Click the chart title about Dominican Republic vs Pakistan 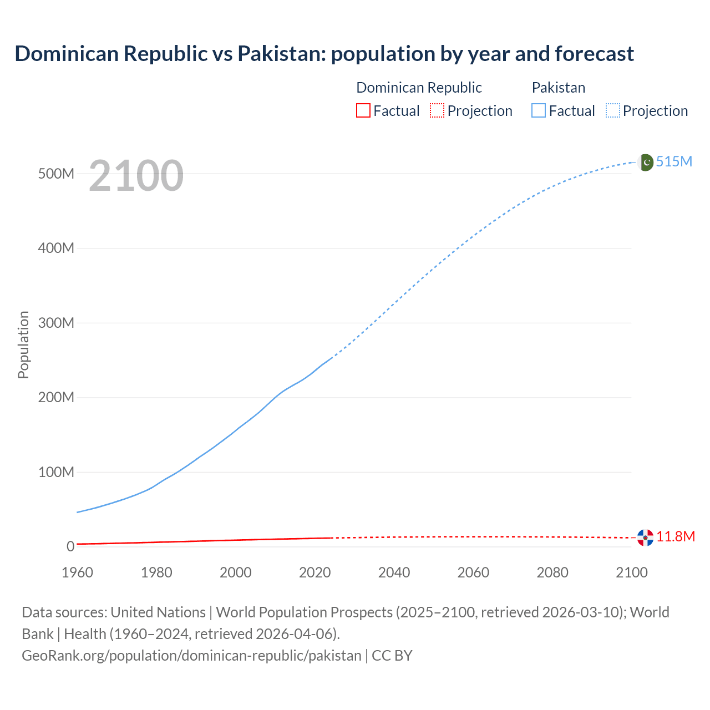324,54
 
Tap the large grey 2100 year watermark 136,176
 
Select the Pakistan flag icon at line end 646,163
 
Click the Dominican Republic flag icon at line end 645,537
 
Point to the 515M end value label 674,161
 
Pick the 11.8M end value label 676,536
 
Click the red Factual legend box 363,111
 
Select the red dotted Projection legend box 437,111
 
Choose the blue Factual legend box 539,111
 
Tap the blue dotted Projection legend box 613,111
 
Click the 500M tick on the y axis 56,174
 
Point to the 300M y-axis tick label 56,323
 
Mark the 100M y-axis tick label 56,472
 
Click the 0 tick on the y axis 70,546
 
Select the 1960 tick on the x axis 77,572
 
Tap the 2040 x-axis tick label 394,572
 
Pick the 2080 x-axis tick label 552,572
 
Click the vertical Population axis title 23,344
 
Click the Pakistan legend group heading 558,88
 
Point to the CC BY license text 392,656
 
